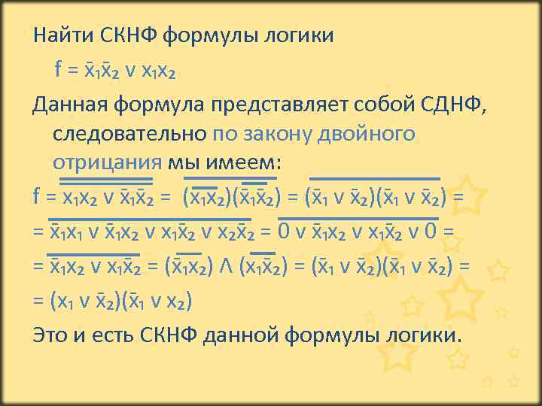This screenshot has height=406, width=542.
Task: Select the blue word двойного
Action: (373, 134)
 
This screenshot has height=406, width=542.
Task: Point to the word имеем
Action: (237, 163)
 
